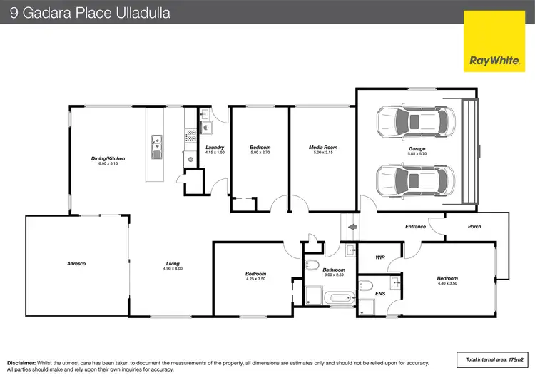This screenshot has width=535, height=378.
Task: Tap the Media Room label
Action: tap(322, 148)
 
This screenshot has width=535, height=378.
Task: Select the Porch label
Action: tap(474, 227)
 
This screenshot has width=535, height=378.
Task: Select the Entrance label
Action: tap(415, 227)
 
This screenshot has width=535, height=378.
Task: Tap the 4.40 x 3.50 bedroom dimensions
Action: tap(447, 283)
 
